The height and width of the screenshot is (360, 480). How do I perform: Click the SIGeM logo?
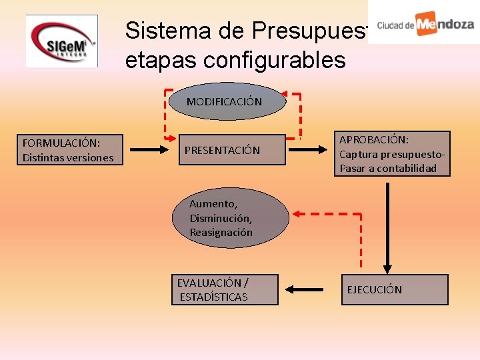tap(61, 41)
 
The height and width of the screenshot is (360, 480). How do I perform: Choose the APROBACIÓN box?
tap(393, 154)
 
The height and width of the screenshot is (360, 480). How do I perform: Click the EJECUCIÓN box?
tap(394, 289)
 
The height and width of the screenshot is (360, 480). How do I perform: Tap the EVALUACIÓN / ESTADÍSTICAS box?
tap(224, 289)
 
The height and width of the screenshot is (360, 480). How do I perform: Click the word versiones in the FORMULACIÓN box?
tap(89, 158)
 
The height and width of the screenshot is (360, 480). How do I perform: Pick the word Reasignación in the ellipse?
tap(221, 233)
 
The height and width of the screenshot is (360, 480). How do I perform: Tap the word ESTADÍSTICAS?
tap(213, 297)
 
